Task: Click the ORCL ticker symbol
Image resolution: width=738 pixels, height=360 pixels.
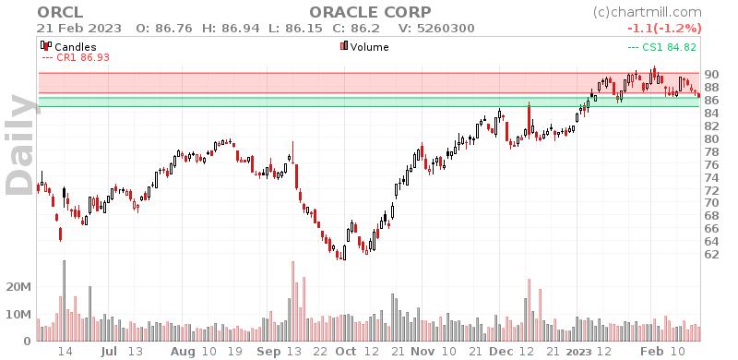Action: (x=55, y=12)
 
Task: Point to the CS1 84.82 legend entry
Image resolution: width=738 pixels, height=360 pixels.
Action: (x=662, y=46)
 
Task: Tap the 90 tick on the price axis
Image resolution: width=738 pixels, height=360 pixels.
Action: (x=710, y=74)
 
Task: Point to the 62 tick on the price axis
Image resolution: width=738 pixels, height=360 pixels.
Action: (x=710, y=254)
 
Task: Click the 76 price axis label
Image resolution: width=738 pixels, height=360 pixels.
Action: (x=710, y=164)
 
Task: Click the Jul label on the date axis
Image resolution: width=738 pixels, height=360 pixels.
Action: (x=108, y=352)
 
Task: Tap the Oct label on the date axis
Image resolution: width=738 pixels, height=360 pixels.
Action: (x=346, y=352)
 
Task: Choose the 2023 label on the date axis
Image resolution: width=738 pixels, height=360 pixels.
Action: (x=578, y=352)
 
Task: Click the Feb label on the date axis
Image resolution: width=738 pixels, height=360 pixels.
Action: (x=651, y=352)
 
